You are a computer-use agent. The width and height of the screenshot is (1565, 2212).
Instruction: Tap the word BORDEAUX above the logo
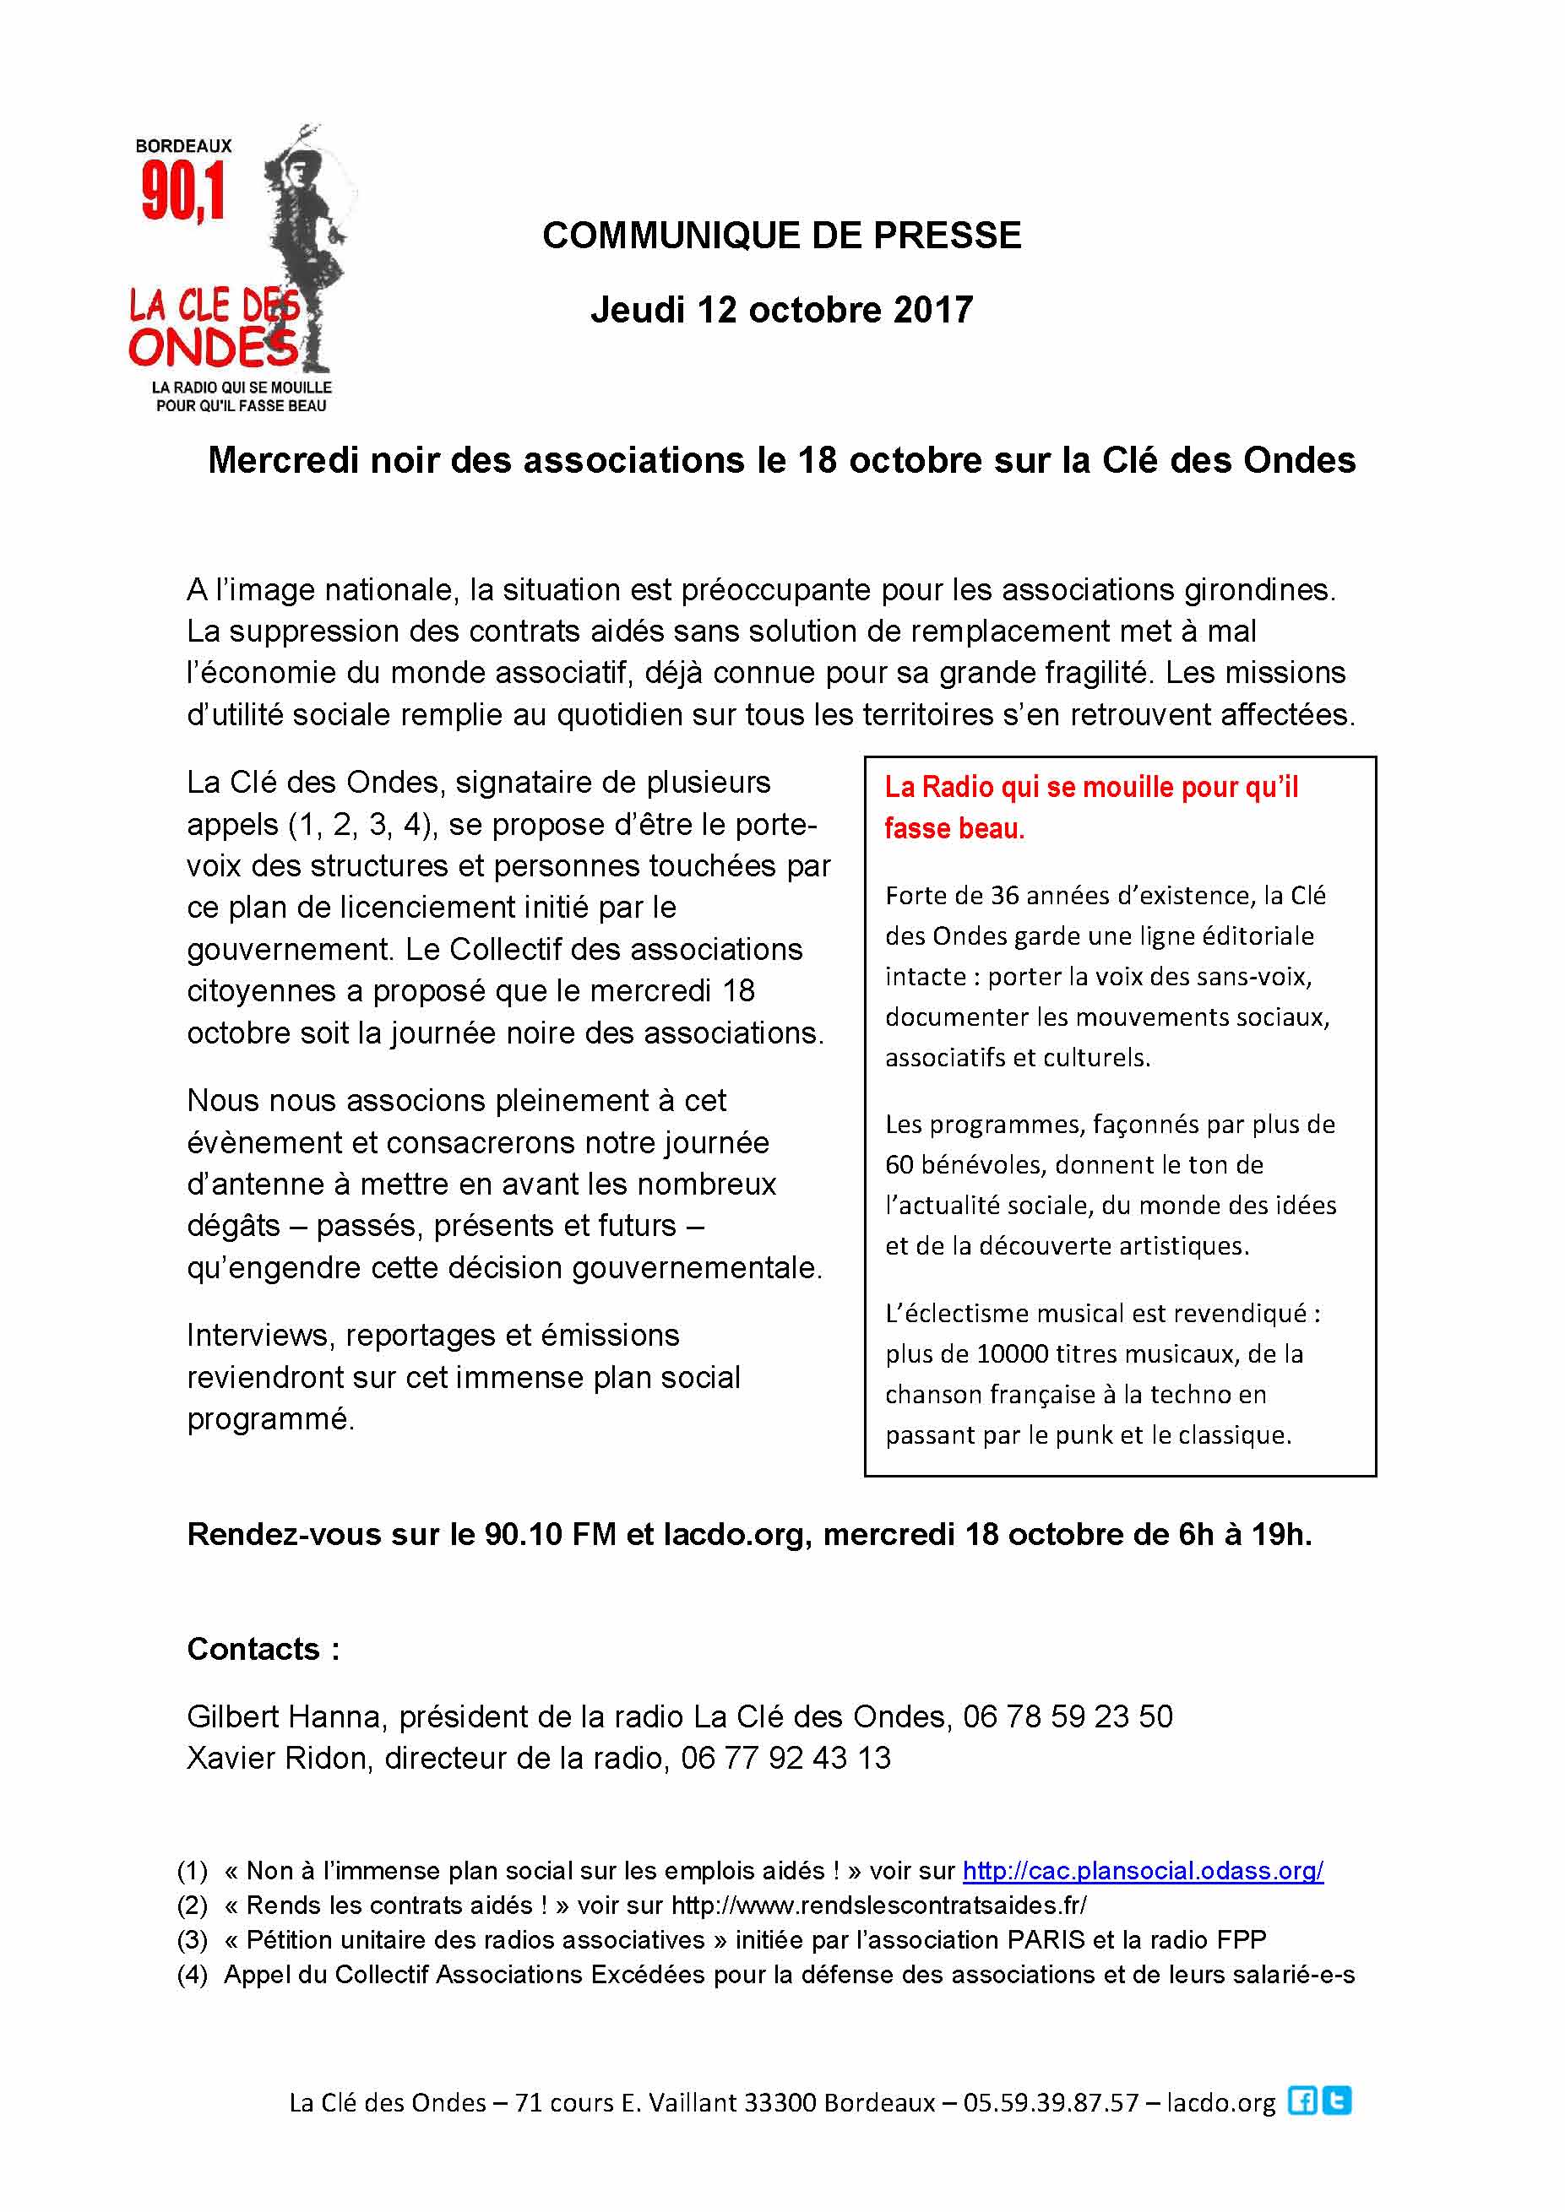click(x=183, y=146)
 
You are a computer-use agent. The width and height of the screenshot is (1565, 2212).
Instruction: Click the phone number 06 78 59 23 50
click(x=1068, y=1716)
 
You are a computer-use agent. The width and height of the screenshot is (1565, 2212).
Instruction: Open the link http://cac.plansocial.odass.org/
click(x=1143, y=1871)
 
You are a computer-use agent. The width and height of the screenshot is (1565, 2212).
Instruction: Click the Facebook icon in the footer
click(x=1302, y=2101)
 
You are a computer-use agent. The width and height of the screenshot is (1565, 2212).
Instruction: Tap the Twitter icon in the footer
click(x=1337, y=2101)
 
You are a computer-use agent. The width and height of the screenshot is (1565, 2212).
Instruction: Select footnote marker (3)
click(x=193, y=1939)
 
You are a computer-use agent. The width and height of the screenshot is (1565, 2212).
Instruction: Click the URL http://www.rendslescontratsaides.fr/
click(x=879, y=1906)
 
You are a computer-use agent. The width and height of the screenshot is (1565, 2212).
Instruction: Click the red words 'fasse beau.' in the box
click(x=954, y=828)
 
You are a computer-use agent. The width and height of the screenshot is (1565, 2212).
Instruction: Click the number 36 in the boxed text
click(x=1005, y=895)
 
